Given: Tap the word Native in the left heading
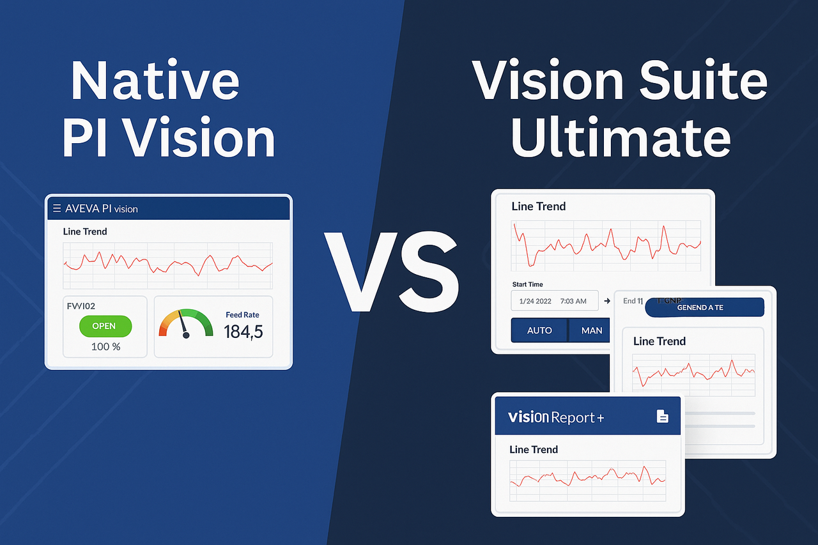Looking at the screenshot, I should pos(155,81).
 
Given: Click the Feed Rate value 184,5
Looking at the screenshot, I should pos(243,332).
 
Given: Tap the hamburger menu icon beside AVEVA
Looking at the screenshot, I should pos(57,208).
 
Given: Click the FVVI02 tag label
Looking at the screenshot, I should pos(81,306).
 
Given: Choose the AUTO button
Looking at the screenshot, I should pos(539,330).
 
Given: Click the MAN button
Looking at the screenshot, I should pos(591,330).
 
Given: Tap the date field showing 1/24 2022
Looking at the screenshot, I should pos(554,300).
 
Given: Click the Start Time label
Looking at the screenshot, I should pos(527,284).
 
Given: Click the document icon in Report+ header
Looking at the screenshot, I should pos(663,417).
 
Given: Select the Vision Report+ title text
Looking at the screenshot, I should pos(556,417).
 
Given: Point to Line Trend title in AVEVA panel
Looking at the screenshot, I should pos(85,231).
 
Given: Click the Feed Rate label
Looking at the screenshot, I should pos(242,315).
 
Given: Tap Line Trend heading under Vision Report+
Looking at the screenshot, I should pos(534,449).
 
